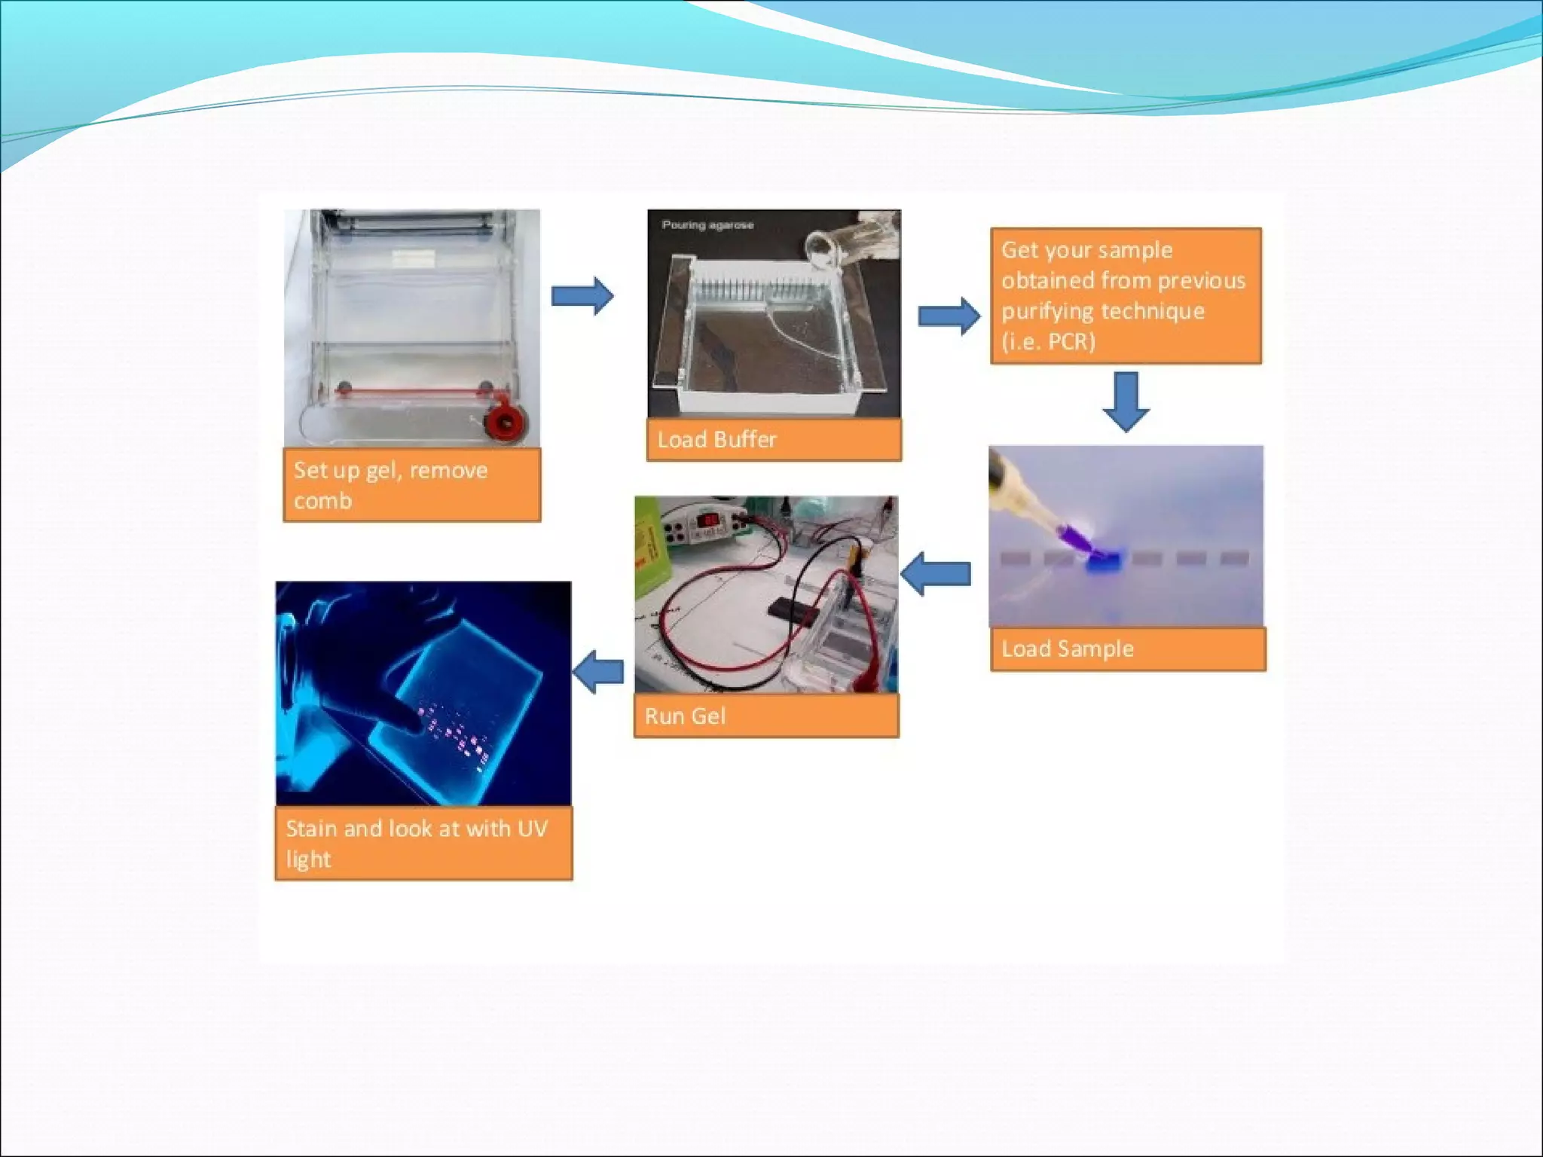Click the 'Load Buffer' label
(x=773, y=439)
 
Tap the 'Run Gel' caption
(x=765, y=716)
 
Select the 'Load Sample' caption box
(x=1127, y=649)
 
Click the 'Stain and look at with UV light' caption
(x=423, y=843)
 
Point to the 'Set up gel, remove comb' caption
(x=411, y=485)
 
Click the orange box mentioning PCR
(x=1126, y=295)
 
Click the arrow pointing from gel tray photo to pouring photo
(x=582, y=295)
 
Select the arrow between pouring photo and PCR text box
(x=949, y=316)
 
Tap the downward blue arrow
(x=1126, y=401)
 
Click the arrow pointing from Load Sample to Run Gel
(x=935, y=574)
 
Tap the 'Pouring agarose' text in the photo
(x=707, y=224)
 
